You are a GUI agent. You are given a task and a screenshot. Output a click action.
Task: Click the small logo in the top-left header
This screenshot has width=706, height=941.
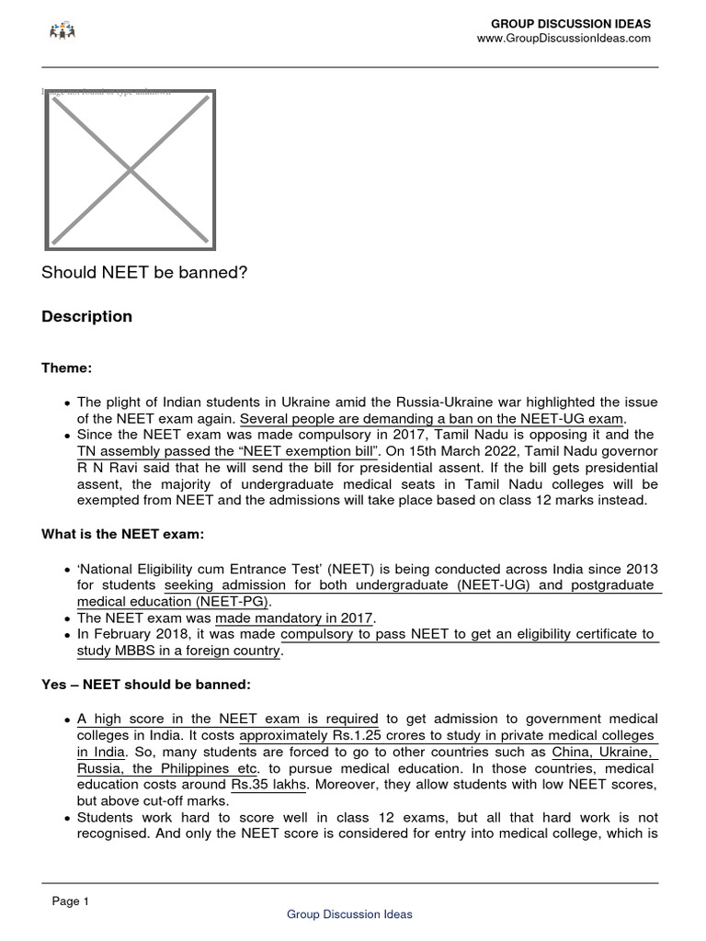click(62, 32)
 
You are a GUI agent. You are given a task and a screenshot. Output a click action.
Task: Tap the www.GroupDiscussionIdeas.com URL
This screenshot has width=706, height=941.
click(563, 39)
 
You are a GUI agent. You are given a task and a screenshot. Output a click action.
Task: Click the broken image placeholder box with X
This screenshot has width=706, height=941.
click(131, 170)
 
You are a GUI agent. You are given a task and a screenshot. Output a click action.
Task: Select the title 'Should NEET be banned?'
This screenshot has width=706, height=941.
click(144, 274)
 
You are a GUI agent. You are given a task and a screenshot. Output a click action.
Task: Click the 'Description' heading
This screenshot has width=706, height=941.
click(87, 317)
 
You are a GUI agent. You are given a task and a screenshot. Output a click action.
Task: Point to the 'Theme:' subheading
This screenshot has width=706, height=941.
click(67, 368)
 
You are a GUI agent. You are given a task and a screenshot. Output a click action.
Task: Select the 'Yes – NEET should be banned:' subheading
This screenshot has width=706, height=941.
click(145, 685)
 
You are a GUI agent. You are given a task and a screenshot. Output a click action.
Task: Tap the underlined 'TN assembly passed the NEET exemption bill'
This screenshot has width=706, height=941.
click(228, 451)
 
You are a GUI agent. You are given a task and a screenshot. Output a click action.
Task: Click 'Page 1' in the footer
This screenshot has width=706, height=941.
click(71, 902)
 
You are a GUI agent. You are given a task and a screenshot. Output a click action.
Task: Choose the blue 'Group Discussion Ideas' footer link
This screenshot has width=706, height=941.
click(349, 914)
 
